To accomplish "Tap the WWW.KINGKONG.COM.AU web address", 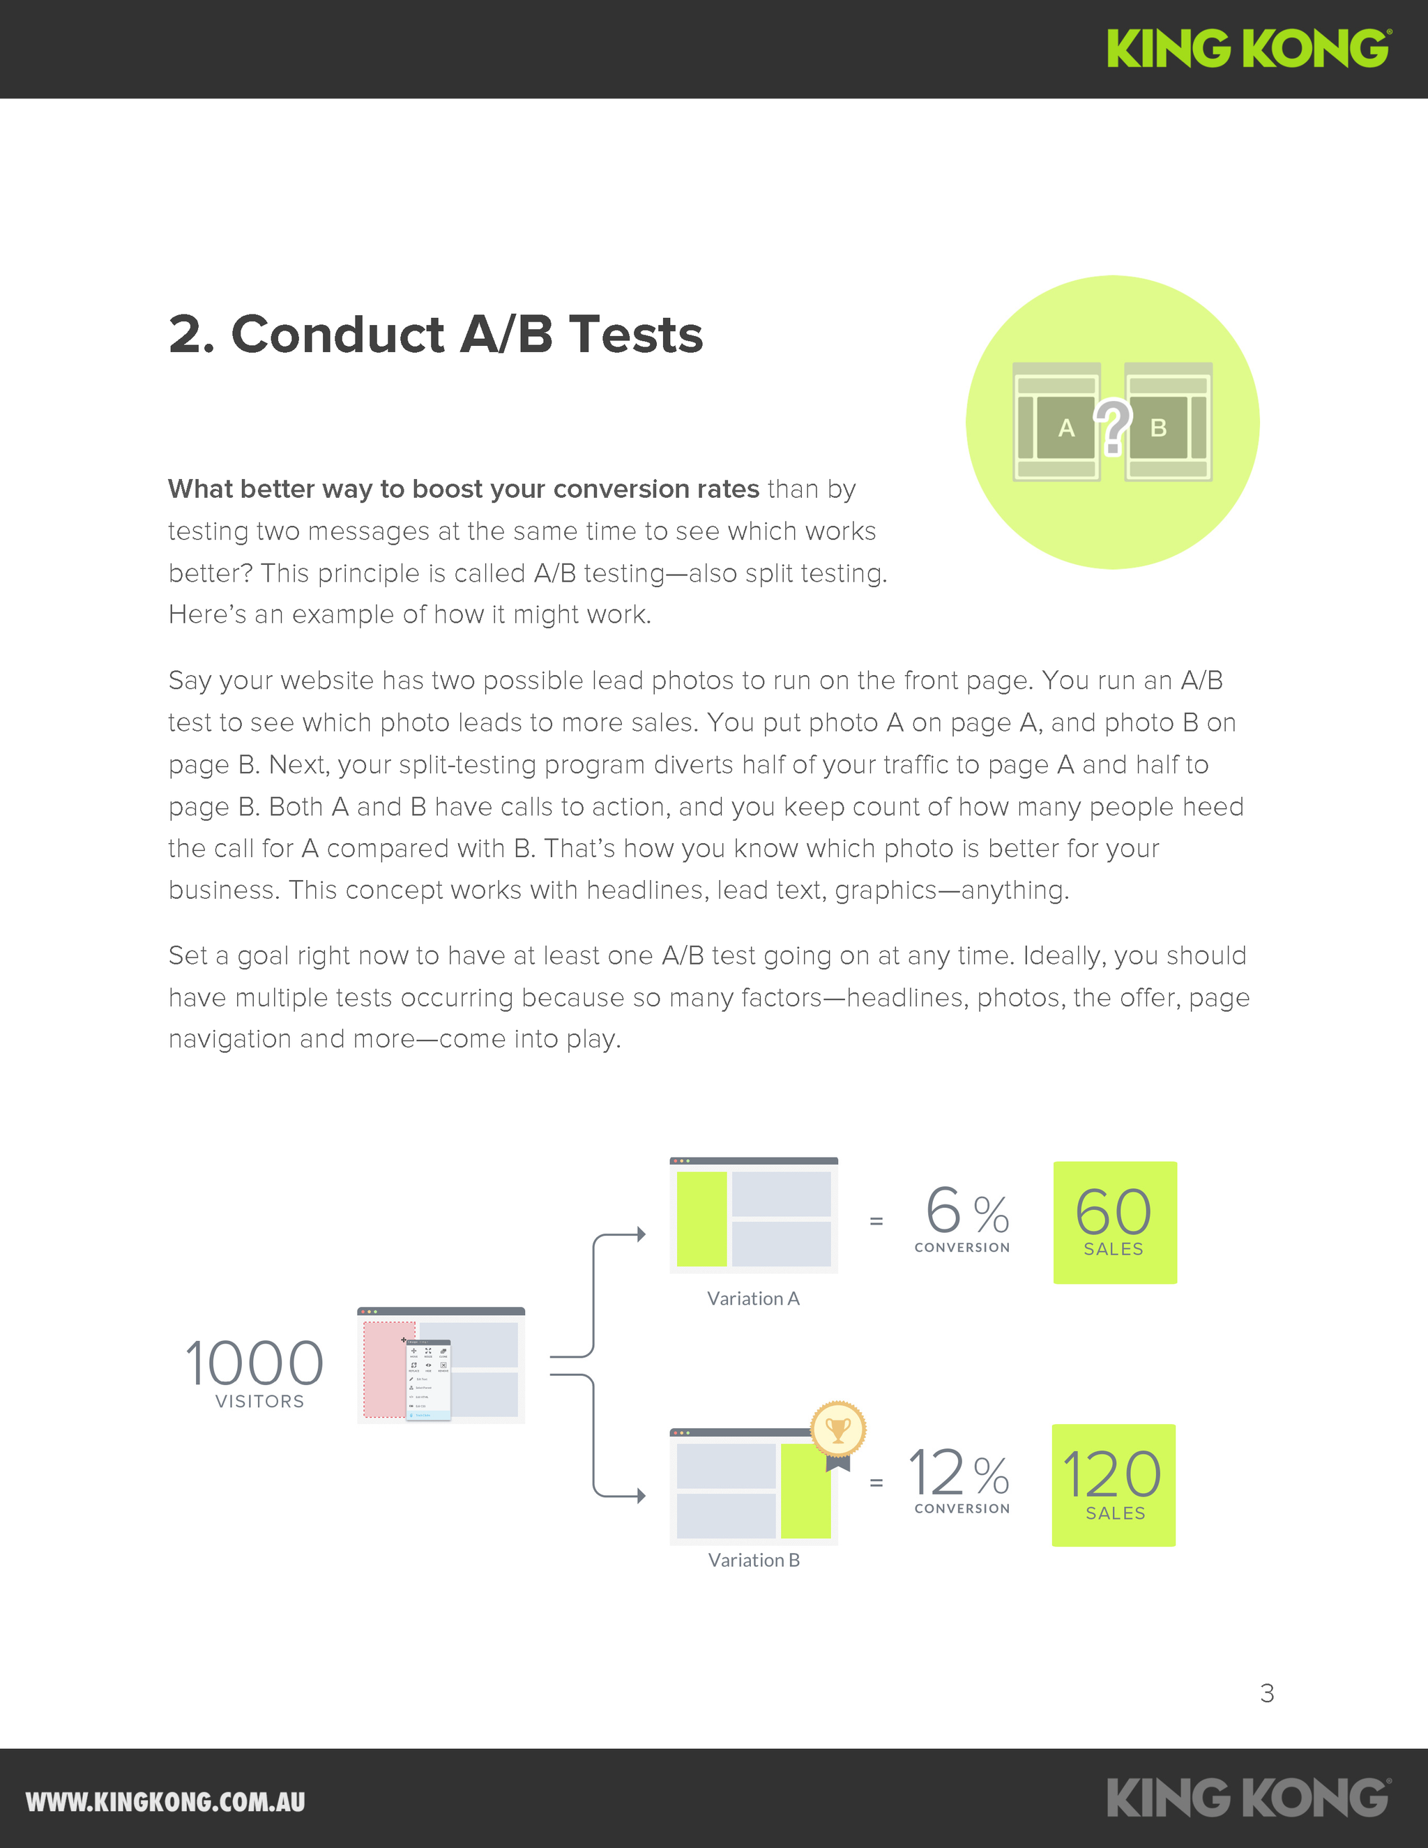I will [165, 1801].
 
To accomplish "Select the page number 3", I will [1266, 1693].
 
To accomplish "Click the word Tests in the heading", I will [635, 334].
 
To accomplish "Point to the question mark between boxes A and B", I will [1112, 425].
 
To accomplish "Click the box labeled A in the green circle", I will [1066, 428].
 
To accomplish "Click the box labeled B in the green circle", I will [1158, 428].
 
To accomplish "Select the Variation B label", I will [753, 1560].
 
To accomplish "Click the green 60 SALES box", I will [1114, 1222].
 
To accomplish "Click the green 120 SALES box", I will [1114, 1485].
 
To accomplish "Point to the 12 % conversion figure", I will [959, 1474].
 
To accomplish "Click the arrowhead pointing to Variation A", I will [641, 1234].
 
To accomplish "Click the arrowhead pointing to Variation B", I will [641, 1496].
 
